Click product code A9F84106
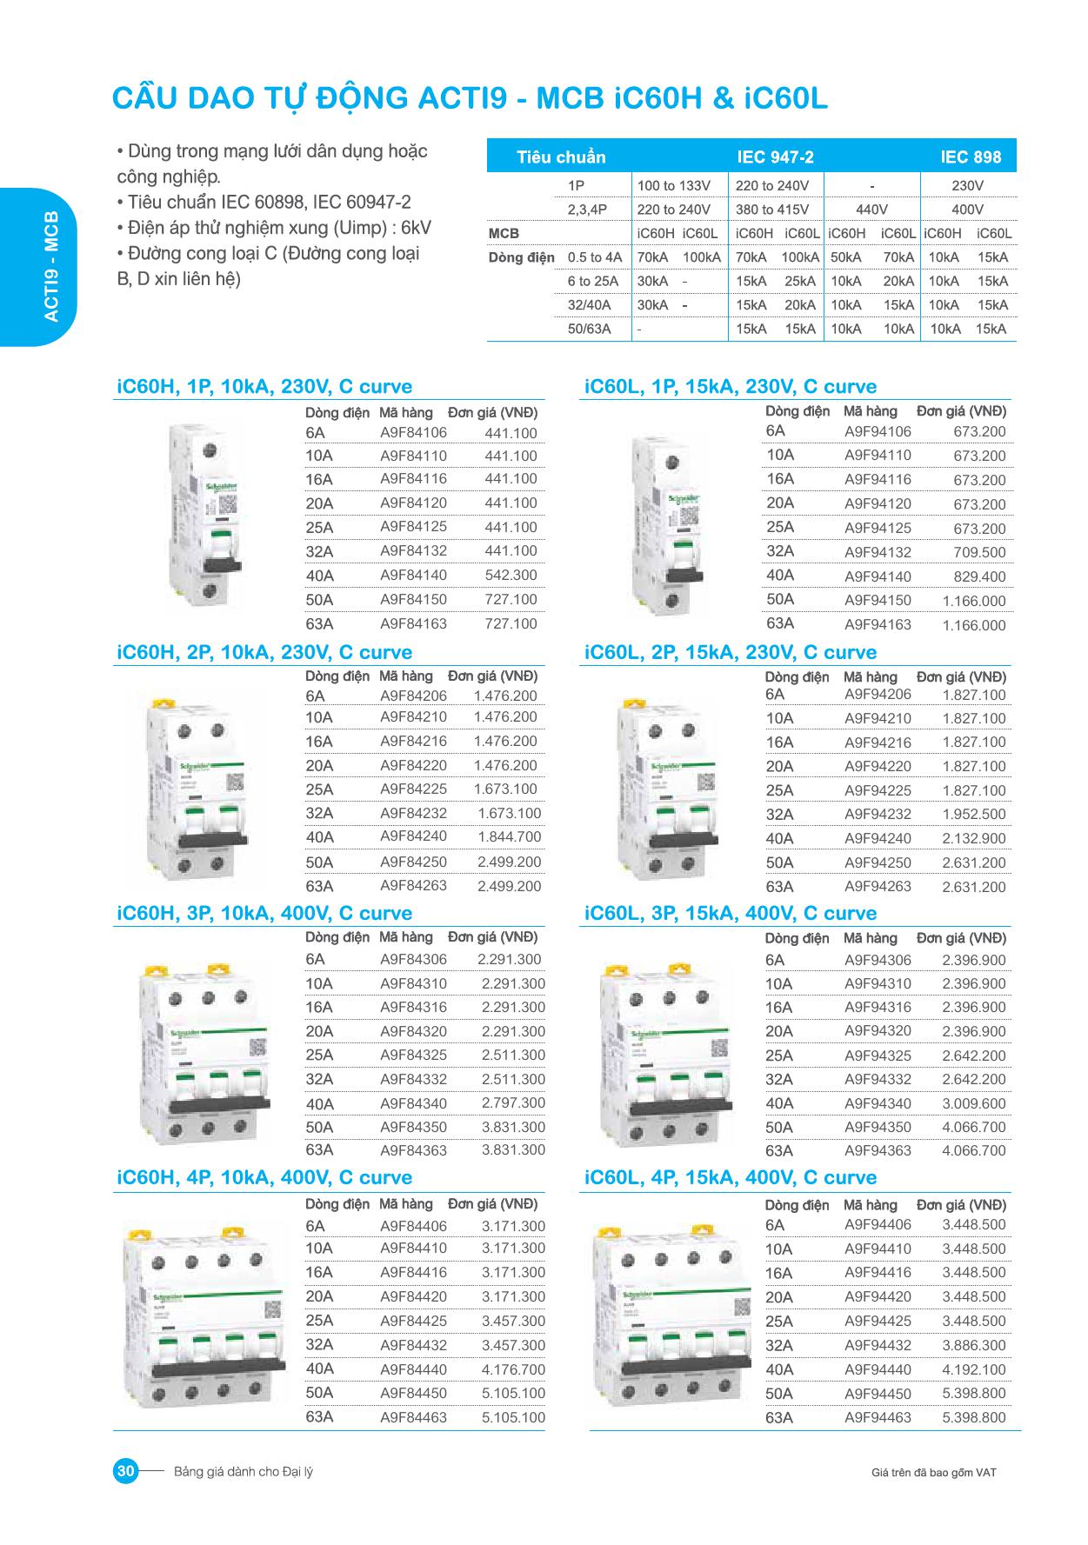[x=413, y=433]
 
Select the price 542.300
[x=511, y=576]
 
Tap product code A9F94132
[x=878, y=552]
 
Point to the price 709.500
[x=978, y=552]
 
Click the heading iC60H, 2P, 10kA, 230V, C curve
[x=264, y=652]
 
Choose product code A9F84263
[x=413, y=886]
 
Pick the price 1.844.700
[x=509, y=837]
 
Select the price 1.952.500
[x=973, y=815]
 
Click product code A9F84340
[x=413, y=1103]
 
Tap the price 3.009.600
[x=973, y=1103]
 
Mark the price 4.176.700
[x=513, y=1369]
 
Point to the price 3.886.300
[x=973, y=1345]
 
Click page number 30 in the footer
[x=125, y=1471]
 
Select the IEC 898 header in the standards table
[x=971, y=157]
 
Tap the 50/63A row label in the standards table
[x=589, y=330]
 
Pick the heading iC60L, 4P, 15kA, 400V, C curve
[x=731, y=1178]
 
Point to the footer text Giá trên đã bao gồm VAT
[x=933, y=1472]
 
